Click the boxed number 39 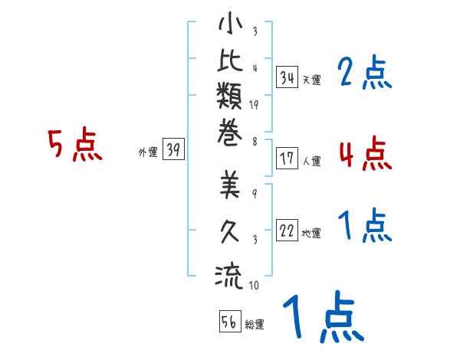pyautogui.click(x=174, y=150)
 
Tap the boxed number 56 pyautogui.click(x=229, y=322)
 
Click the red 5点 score pyautogui.click(x=74, y=146)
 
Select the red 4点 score pyautogui.click(x=365, y=152)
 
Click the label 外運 pyautogui.click(x=148, y=152)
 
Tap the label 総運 pyautogui.click(x=255, y=325)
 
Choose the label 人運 pyautogui.click(x=311, y=162)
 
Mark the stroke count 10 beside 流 pyautogui.click(x=255, y=286)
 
